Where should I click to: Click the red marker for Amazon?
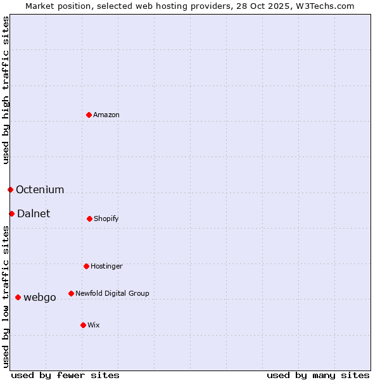(x=89, y=115)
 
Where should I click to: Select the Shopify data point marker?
(x=89, y=218)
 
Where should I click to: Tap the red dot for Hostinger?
(x=86, y=266)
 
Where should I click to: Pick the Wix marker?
(x=83, y=325)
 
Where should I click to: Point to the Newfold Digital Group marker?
(x=71, y=293)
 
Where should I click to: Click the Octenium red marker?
(x=10, y=189)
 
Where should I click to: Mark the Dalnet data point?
(x=11, y=213)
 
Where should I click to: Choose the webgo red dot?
(x=18, y=297)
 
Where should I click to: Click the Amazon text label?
(x=106, y=115)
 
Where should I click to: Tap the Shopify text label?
(x=106, y=218)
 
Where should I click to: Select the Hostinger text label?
(x=106, y=266)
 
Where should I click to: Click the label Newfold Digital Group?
(x=112, y=293)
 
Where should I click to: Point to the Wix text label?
(x=94, y=325)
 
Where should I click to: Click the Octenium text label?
(x=40, y=189)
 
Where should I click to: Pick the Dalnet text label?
(x=34, y=213)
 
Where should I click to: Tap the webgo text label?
(x=40, y=297)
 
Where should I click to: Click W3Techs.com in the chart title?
(x=324, y=6)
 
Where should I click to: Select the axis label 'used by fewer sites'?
(x=65, y=375)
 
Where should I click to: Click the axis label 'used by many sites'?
(x=318, y=375)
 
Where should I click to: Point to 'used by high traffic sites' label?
(x=6, y=90)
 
